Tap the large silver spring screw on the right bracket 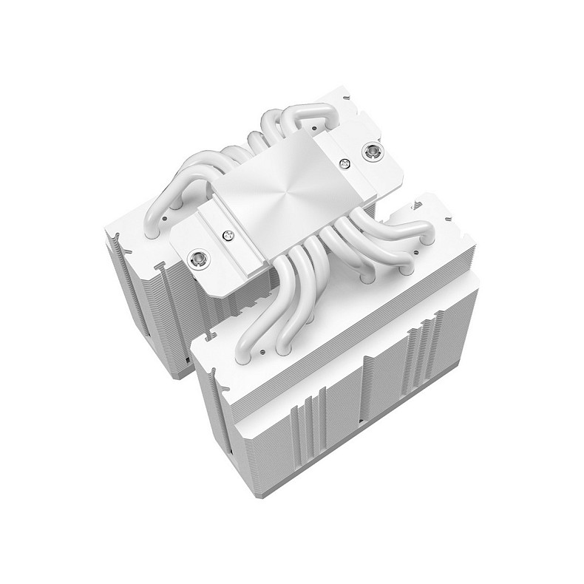370,152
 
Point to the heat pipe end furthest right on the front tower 405,270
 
